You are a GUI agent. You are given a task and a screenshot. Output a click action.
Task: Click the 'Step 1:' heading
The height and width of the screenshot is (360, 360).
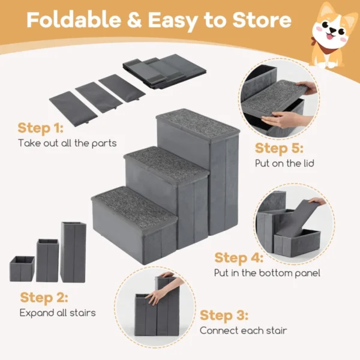tap(41, 128)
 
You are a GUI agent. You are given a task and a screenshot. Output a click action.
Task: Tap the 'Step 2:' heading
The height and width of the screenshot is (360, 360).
tap(44, 298)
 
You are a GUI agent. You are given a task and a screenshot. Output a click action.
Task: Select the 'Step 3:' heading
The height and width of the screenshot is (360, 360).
tap(224, 316)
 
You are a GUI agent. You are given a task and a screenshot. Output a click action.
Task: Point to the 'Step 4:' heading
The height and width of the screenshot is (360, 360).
tap(239, 258)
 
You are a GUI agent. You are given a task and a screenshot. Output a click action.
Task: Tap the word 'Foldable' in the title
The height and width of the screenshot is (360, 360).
tap(72, 21)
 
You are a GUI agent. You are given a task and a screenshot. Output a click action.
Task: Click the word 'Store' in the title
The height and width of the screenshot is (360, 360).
tap(262, 21)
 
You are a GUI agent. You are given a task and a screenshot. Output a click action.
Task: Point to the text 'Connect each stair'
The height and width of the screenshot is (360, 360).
tap(243, 331)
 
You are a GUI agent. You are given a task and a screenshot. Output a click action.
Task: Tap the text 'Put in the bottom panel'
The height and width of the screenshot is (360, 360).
tap(267, 273)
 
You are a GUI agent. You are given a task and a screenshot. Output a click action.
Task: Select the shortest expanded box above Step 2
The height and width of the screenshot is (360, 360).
tap(22, 268)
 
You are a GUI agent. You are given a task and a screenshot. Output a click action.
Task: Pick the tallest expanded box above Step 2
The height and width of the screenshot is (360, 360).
tap(73, 251)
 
